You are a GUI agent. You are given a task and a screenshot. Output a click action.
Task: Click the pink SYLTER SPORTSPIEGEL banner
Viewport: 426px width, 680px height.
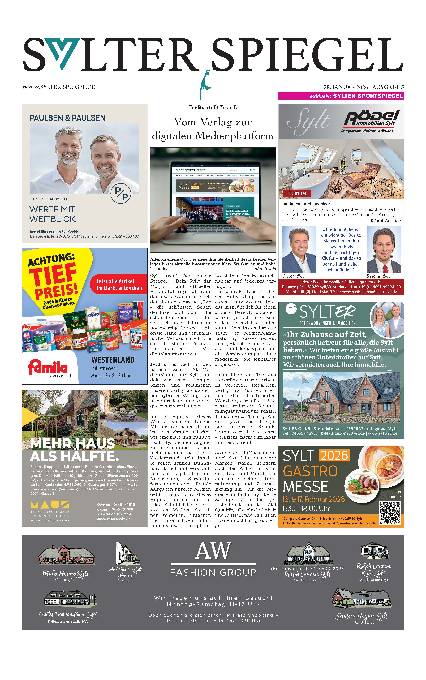pos(341,96)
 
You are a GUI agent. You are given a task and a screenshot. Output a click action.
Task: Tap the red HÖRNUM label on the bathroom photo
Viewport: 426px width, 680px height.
pos(296,193)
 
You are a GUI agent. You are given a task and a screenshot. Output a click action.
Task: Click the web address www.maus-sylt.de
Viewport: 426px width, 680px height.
pos(114,519)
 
